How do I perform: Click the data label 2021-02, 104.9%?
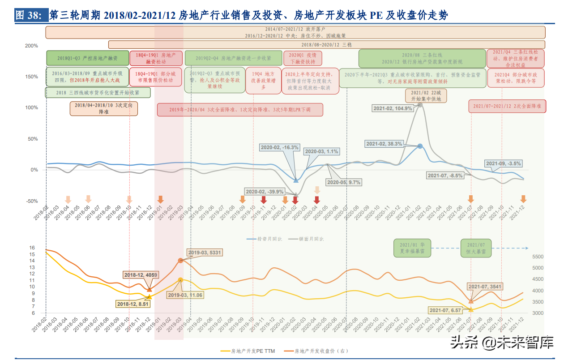pyautogui.click(x=392, y=108)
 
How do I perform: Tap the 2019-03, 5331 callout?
pyautogui.click(x=205, y=253)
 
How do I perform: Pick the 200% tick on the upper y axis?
pyautogui.click(x=32, y=46)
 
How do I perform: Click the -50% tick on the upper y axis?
pyautogui.click(x=32, y=201)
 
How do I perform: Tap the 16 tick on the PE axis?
pyautogui.click(x=32, y=248)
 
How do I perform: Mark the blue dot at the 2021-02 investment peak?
pyautogui.click(x=420, y=146)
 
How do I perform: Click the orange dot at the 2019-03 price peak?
pyautogui.click(x=180, y=260)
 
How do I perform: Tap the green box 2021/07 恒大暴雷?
pyautogui.click(x=476, y=249)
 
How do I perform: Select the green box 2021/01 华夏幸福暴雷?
pyautogui.click(x=409, y=249)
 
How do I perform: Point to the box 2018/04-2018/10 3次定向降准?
pyautogui.click(x=104, y=108)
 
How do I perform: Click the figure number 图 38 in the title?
pyautogui.click(x=29, y=16)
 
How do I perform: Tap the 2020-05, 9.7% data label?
pyautogui.click(x=343, y=182)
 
